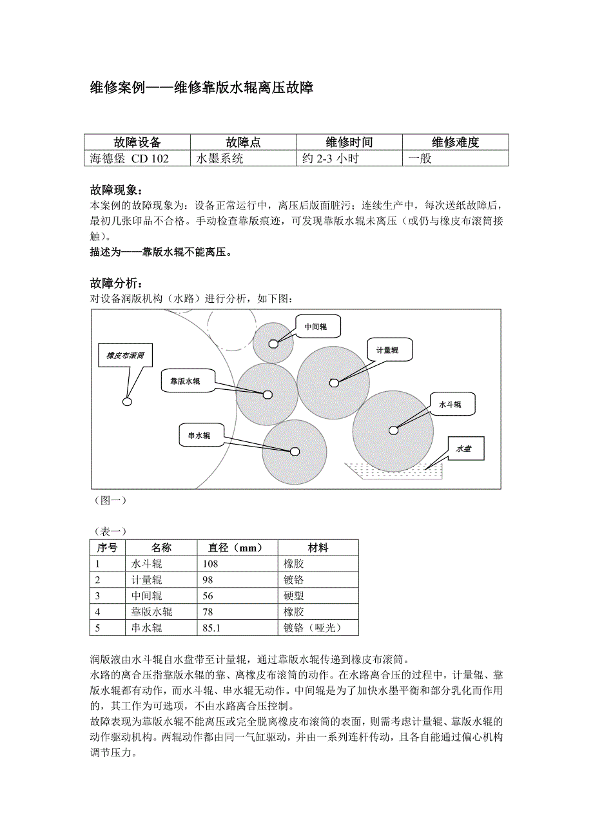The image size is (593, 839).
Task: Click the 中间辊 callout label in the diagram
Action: coord(316,327)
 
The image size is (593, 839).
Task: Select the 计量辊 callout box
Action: coord(388,350)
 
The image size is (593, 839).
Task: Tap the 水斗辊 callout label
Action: coord(451,404)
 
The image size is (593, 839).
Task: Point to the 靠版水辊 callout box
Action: coord(186,381)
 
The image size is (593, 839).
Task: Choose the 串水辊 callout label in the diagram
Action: coord(199,435)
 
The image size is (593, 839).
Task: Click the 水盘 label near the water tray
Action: coord(463,448)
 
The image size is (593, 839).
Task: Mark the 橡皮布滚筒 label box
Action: coord(126,355)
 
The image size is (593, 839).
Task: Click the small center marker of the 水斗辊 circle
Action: coord(393,430)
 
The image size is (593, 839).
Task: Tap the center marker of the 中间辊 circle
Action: coord(273,343)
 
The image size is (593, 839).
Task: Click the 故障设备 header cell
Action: coord(137,142)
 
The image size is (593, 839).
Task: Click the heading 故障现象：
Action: coord(117,190)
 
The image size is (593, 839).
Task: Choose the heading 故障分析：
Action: coord(117,284)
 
